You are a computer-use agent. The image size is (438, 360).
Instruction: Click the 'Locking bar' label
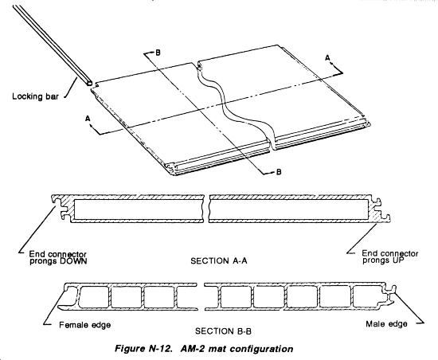point(36,96)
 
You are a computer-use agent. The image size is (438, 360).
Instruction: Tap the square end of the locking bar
point(88,80)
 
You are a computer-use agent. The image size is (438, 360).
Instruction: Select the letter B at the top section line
point(158,53)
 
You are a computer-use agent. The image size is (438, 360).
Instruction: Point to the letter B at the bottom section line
point(279,172)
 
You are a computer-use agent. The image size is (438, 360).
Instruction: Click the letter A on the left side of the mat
point(88,119)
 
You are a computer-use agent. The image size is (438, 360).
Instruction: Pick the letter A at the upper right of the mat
point(327,58)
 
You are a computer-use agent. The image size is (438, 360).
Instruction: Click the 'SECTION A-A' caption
point(219,261)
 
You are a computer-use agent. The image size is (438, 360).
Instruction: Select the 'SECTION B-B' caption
point(223,331)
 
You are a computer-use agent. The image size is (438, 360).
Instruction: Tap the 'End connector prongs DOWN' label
point(58,258)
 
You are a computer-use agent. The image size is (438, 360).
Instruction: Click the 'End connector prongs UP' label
point(390,257)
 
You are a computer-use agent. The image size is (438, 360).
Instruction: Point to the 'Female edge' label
point(84,325)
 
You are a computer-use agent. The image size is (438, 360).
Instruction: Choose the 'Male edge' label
point(386,324)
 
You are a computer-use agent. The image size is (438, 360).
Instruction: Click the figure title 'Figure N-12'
point(143,349)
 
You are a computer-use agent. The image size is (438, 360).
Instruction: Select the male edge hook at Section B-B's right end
point(389,295)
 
